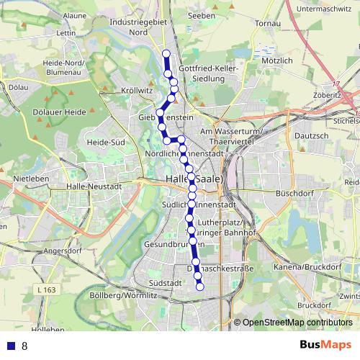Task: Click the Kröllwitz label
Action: [138, 91]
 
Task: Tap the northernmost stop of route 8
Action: [166, 54]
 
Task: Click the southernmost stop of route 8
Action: [200, 287]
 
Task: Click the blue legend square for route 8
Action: [11, 346]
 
